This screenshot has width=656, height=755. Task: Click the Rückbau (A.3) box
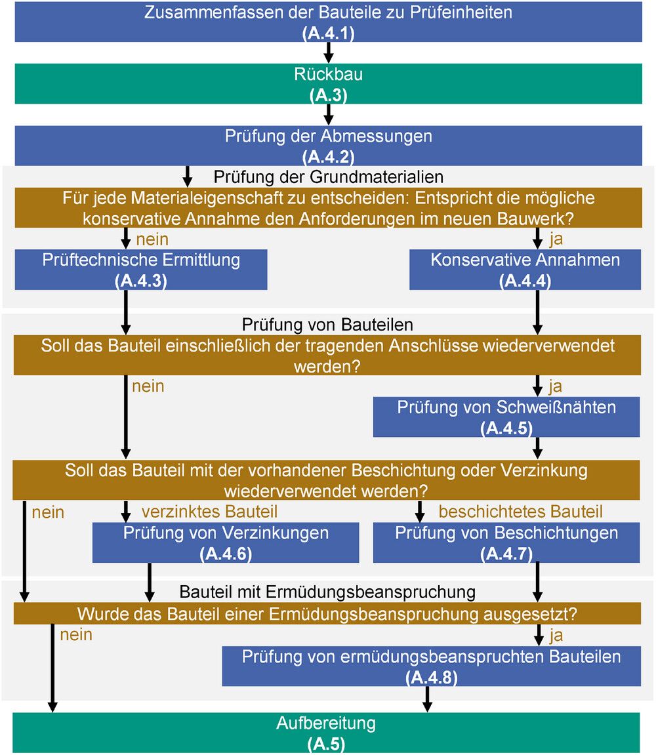328,84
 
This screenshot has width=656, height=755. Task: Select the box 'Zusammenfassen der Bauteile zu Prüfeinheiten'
328,22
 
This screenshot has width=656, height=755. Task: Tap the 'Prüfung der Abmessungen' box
328,146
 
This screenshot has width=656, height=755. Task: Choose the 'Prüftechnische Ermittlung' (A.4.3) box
141,270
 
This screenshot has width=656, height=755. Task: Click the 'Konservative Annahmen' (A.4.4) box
525,270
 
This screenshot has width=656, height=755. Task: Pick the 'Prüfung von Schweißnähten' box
506,417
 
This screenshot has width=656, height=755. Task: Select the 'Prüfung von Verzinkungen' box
226,542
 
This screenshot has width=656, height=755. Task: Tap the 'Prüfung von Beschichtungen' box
506,542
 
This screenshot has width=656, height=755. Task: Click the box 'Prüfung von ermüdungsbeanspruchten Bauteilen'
431,666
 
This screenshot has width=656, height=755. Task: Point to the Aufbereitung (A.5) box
326,733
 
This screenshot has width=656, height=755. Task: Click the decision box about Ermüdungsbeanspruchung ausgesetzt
327,613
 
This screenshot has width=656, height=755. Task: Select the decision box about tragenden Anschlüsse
327,356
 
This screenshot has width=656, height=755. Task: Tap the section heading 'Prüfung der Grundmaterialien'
329,176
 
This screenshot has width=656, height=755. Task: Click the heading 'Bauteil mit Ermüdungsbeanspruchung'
327,592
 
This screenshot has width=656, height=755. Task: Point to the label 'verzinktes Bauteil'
209,512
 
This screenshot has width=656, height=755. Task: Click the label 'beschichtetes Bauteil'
521,512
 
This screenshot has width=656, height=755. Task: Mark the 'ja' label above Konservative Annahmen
556,239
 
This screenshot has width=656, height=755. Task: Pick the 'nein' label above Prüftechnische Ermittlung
152,239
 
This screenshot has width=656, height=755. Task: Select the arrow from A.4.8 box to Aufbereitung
427,699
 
